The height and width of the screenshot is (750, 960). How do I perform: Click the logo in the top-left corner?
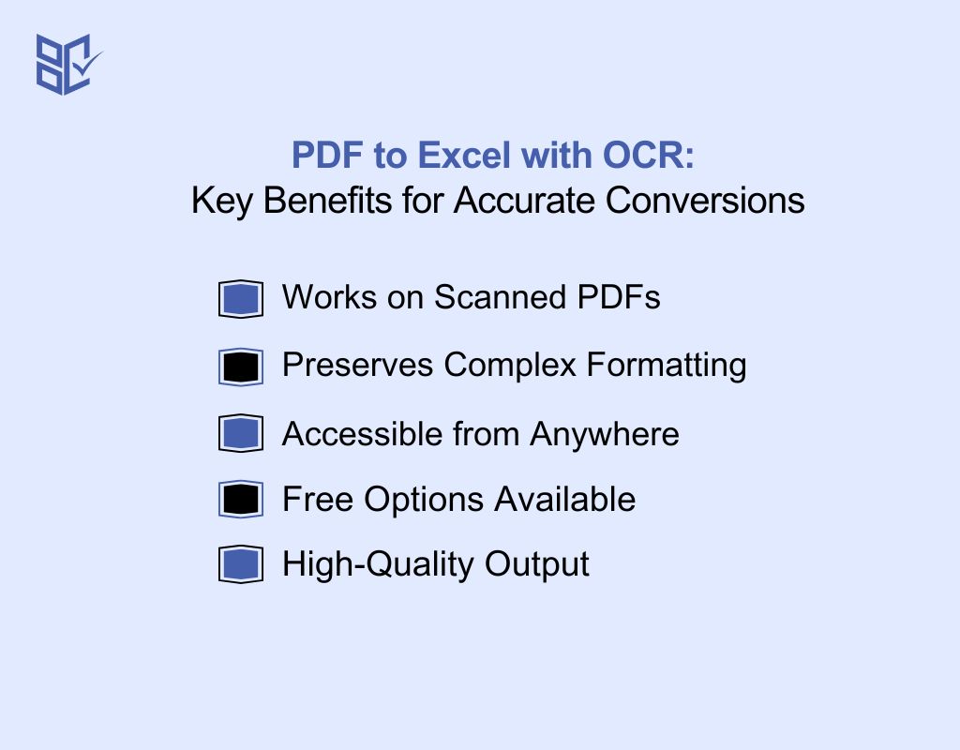coord(68,65)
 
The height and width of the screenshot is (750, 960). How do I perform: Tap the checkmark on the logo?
coord(87,63)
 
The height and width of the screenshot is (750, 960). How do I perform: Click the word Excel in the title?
coord(464,155)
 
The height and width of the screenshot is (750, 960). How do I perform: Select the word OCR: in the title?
coord(649,155)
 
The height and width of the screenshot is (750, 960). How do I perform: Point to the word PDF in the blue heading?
coord(327,155)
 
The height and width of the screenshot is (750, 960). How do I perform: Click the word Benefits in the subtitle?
coord(327,201)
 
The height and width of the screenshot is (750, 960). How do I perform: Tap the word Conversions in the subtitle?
coord(705,201)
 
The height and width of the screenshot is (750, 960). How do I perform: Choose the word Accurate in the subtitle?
coord(523,201)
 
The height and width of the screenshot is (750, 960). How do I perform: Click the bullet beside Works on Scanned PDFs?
coord(241,299)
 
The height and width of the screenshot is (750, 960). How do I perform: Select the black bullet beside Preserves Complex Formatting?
coord(241,367)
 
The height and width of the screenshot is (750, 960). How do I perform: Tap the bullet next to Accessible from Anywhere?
coord(241,433)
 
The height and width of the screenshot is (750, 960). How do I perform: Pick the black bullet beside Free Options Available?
coord(241,499)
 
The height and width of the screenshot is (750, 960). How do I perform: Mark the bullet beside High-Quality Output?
coord(241,563)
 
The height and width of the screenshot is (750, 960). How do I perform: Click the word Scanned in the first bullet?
coord(500,297)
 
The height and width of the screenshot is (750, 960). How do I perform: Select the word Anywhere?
coord(605,435)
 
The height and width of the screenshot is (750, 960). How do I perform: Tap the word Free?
coord(318,499)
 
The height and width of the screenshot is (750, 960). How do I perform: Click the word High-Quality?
coord(378,564)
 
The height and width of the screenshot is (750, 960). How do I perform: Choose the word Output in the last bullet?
coord(537,564)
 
